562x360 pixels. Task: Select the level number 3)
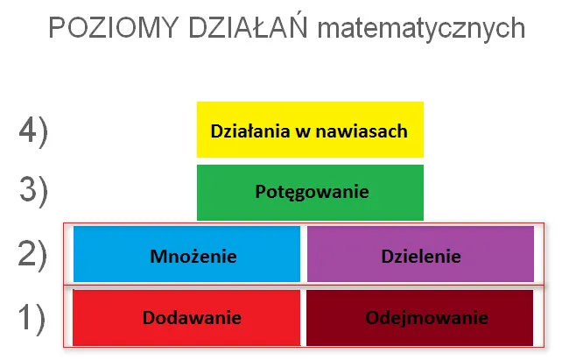point(33,190)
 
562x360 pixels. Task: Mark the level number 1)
point(33,317)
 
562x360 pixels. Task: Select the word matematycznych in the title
point(422,30)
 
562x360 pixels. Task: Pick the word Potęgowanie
point(312,191)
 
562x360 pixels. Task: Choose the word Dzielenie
point(421,256)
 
